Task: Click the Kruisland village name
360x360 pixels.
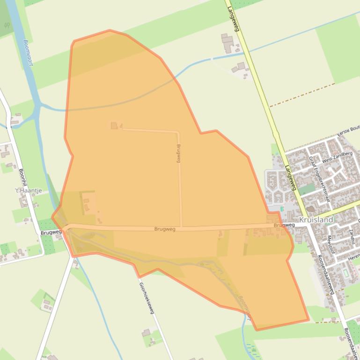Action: [x=316, y=219]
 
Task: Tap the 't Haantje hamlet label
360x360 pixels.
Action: [x=29, y=190]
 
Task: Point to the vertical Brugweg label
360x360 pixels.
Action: [x=178, y=153]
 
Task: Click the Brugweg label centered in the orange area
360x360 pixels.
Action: [x=165, y=229]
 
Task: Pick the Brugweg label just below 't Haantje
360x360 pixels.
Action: [x=51, y=232]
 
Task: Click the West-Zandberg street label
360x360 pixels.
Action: [x=337, y=156]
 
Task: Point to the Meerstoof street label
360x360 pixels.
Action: [x=331, y=244]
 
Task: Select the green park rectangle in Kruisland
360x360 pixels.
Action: [x=307, y=189]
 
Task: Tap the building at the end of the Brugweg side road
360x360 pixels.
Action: [x=114, y=125]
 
